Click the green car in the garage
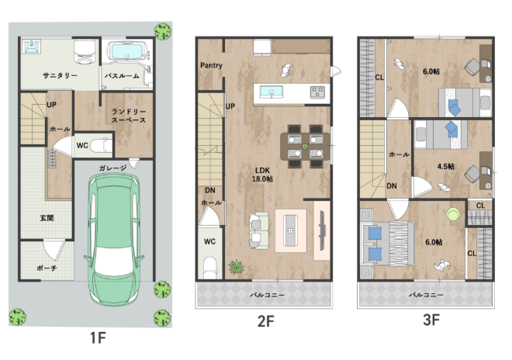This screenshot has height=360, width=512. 113,239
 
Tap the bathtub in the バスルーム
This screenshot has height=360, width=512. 127,52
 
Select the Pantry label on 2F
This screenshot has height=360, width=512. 211,65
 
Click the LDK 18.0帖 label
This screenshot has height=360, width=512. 262,175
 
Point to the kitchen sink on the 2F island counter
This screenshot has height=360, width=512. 272,92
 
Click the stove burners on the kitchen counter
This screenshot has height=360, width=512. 317,92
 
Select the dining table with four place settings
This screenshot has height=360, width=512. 306,147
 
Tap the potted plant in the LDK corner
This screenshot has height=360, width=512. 237,267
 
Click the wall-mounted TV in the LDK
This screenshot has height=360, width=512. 322,230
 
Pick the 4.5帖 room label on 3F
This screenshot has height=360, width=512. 446,167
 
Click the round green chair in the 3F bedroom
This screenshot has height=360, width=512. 453,215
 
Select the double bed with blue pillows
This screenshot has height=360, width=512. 387,244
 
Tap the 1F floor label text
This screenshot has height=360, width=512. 98,337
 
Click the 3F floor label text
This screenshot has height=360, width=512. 431,320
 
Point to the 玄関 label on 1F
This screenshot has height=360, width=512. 47,218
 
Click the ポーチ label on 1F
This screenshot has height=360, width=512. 47,268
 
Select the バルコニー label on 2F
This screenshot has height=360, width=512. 268,295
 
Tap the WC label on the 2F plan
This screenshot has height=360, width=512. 209,241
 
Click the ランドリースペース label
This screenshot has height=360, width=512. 129,116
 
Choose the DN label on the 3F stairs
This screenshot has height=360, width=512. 392,186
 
